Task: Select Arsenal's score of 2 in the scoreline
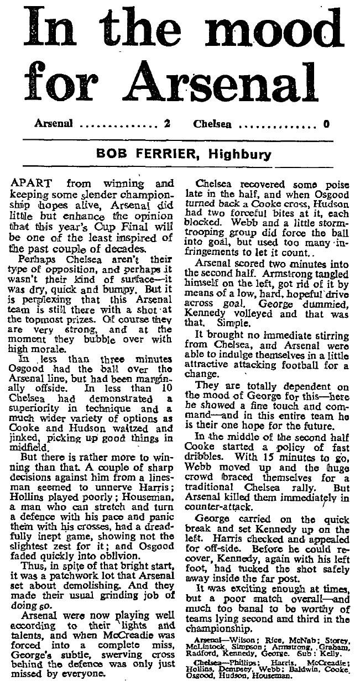pos(166,124)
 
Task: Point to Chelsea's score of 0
pos(326,124)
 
